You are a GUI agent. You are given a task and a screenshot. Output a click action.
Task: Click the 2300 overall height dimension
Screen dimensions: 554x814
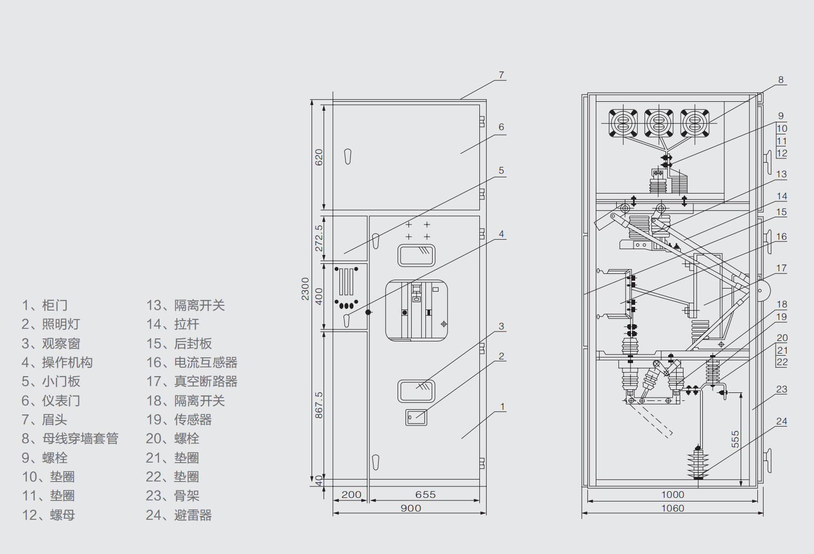(x=305, y=289)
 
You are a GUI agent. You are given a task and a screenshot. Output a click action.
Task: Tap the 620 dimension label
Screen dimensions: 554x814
(x=319, y=157)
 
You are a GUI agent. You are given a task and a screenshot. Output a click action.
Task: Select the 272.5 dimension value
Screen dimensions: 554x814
(x=319, y=238)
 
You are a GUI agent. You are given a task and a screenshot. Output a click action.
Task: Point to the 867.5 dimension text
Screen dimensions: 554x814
(x=319, y=405)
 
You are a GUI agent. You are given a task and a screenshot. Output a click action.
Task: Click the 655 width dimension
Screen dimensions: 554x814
(x=425, y=494)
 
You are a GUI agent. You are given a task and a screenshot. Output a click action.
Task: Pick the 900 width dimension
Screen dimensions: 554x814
(x=411, y=508)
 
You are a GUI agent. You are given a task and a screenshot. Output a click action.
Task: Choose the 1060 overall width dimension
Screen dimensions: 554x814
(x=672, y=508)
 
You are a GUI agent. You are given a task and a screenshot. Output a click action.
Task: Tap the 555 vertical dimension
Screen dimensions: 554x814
(x=735, y=439)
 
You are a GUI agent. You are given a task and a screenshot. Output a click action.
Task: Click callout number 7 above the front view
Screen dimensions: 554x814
(x=501, y=75)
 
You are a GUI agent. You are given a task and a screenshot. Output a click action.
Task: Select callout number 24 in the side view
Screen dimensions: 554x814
(x=781, y=421)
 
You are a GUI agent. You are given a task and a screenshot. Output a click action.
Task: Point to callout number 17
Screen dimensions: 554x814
(x=781, y=268)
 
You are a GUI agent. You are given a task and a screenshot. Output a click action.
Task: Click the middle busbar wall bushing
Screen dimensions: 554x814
(x=659, y=123)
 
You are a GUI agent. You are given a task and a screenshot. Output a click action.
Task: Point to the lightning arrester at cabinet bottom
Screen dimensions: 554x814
(x=698, y=463)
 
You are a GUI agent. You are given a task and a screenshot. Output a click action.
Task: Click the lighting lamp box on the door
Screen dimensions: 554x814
(x=416, y=417)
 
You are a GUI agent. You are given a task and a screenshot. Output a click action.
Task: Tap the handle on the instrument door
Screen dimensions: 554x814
(x=348, y=156)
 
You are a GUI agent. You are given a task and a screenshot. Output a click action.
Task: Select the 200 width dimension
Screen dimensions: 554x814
(x=351, y=494)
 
